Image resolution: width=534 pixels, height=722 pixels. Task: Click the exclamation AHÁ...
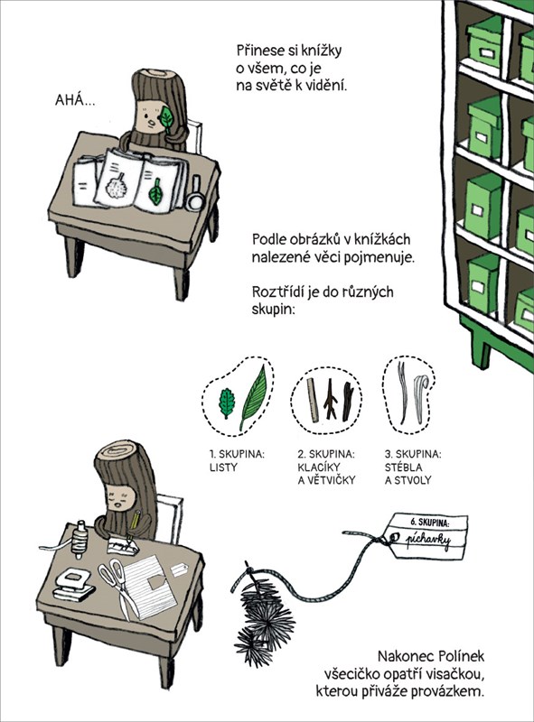pyautogui.click(x=76, y=100)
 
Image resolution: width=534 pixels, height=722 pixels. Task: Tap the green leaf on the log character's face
pyautogui.click(x=166, y=117)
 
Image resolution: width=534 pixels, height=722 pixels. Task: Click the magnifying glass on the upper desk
pyautogui.click(x=194, y=194)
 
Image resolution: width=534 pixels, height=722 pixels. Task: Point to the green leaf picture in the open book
pyautogui.click(x=156, y=191)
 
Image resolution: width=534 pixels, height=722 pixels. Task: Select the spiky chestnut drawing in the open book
pyautogui.click(x=116, y=186)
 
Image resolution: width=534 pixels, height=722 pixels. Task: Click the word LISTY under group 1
pyautogui.click(x=223, y=467)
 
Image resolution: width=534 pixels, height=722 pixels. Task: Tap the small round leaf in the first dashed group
pyautogui.click(x=227, y=403)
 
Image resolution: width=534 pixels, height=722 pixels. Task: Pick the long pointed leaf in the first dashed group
pyautogui.click(x=253, y=397)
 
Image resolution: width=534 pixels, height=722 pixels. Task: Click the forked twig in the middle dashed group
pyautogui.click(x=330, y=399)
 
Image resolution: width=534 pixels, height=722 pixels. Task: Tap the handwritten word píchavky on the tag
pyautogui.click(x=427, y=540)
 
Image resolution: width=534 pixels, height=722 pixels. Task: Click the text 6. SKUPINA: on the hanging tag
pyautogui.click(x=430, y=523)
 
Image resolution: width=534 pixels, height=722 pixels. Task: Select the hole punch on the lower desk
pyautogui.click(x=73, y=584)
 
